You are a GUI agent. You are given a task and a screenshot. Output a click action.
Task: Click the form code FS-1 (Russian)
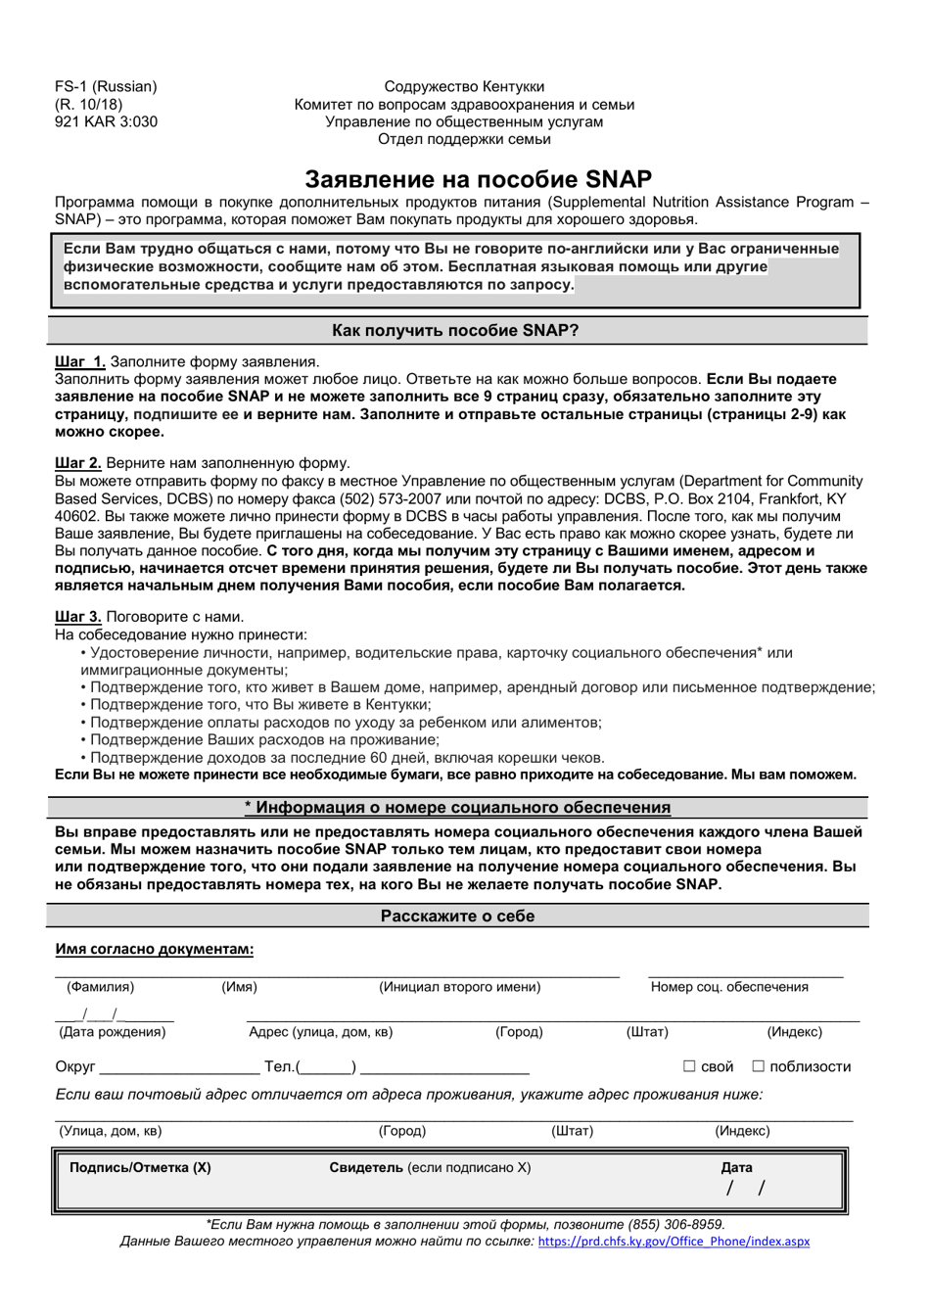[106, 87]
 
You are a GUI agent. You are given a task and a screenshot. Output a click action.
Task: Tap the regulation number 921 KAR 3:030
[106, 122]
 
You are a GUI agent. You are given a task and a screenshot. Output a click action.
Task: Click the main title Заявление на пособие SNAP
[478, 179]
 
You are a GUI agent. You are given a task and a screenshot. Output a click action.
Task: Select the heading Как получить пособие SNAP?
[455, 331]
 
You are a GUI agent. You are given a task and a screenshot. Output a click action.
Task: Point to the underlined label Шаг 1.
[80, 362]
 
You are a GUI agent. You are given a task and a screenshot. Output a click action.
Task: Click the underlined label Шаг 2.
[78, 463]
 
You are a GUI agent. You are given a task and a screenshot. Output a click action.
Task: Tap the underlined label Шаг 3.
[78, 617]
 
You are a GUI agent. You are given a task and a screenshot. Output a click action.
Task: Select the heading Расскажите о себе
[457, 916]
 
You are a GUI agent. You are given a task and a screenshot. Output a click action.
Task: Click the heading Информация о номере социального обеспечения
[457, 808]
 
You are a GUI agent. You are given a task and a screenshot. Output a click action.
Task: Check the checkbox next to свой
[689, 1066]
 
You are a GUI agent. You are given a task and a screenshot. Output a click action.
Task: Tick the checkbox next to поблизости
[758, 1066]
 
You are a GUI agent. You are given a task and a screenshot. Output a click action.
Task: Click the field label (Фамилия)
[98, 987]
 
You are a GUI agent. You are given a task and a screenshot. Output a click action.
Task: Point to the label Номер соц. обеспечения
[729, 987]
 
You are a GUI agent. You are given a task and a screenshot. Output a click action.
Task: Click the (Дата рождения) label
[113, 1032]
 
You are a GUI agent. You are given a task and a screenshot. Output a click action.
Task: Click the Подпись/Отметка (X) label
[140, 1167]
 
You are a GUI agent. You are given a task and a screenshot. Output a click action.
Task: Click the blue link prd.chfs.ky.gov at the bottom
[674, 1242]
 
